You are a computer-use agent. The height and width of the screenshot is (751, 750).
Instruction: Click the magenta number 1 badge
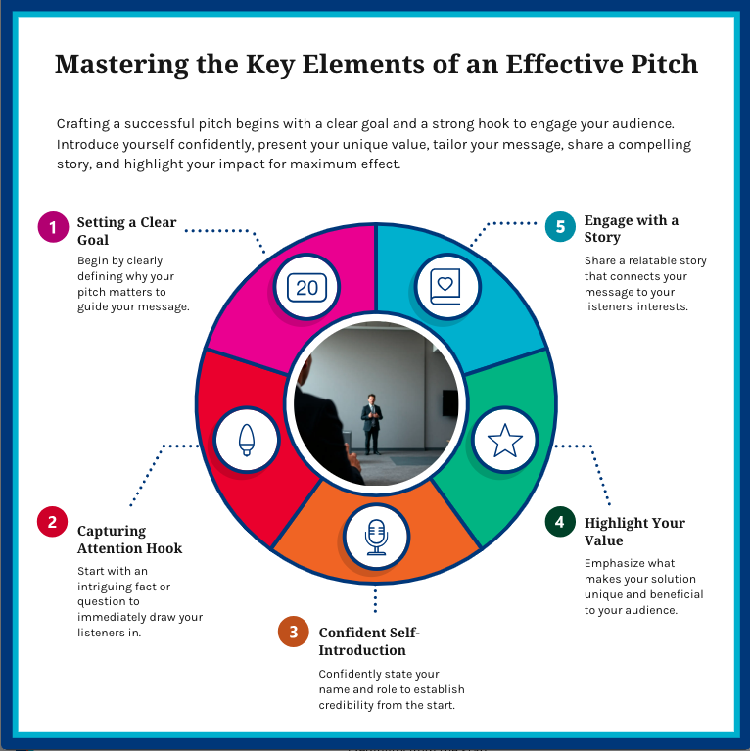pyautogui.click(x=52, y=227)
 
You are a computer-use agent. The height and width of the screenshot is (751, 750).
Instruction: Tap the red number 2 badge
pyautogui.click(x=52, y=521)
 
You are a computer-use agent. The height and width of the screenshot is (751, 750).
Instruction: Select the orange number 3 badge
pyautogui.click(x=292, y=632)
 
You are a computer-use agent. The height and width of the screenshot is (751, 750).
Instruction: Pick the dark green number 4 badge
pyautogui.click(x=559, y=522)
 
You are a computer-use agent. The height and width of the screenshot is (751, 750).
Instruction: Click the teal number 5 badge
pyautogui.click(x=559, y=226)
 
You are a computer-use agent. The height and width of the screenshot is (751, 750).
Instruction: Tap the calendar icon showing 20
pyautogui.click(x=307, y=287)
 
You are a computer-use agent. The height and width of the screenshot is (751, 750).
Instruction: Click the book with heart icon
pyautogui.click(x=445, y=285)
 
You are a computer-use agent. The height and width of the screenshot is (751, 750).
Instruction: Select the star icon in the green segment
pyautogui.click(x=505, y=442)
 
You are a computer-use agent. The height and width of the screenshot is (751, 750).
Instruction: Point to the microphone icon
pyautogui.click(x=376, y=537)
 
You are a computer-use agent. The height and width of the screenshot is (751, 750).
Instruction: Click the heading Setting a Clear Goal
pyautogui.click(x=126, y=231)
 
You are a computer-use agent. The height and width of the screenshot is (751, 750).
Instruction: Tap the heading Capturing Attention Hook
pyautogui.click(x=129, y=540)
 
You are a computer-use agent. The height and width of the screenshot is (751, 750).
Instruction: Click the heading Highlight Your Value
pyautogui.click(x=634, y=532)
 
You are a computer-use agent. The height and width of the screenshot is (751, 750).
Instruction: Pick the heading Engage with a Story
pyautogui.click(x=631, y=228)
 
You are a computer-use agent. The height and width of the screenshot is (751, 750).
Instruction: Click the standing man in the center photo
pyautogui.click(x=371, y=422)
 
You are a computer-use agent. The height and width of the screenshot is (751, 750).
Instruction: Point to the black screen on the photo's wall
pyautogui.click(x=449, y=402)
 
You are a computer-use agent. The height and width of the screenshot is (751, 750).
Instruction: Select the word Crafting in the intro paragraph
pyautogui.click(x=85, y=124)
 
